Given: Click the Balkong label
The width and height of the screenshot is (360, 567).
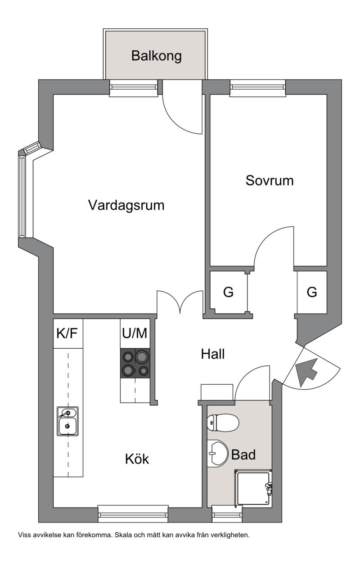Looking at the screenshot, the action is pyautogui.click(x=157, y=56).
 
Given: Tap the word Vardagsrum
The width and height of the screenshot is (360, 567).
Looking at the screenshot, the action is pyautogui.click(x=126, y=205).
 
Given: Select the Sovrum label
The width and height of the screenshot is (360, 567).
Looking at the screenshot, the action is pyautogui.click(x=270, y=181).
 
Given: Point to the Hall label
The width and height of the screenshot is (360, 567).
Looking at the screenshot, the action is pyautogui.click(x=213, y=354).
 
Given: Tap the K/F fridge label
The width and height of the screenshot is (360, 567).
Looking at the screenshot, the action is pyautogui.click(x=67, y=333).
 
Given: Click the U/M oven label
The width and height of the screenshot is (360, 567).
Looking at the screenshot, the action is pyautogui.click(x=135, y=333).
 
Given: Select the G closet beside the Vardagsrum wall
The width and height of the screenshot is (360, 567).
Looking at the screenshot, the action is pyautogui.click(x=228, y=292).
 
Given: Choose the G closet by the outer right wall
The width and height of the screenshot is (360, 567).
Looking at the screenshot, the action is pyautogui.click(x=312, y=292).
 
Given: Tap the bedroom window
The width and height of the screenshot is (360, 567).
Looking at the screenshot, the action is pyautogui.click(x=258, y=88).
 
